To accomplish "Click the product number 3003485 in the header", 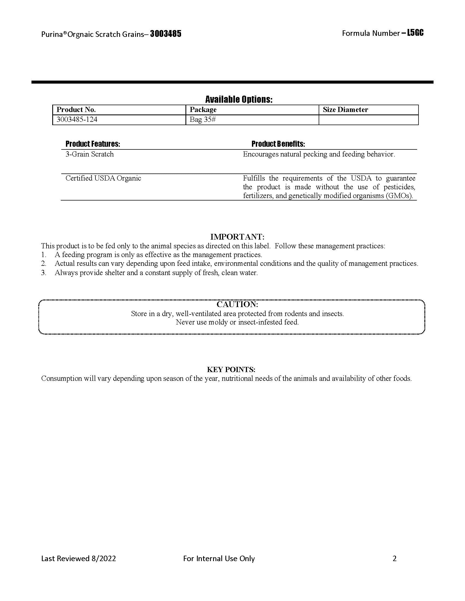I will tap(165, 34).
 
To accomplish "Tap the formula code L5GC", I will tap(415, 33).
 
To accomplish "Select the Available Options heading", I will tap(239, 99).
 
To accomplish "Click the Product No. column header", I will tap(76, 110).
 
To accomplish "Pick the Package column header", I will tap(203, 110).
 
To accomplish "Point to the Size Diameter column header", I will tap(345, 110).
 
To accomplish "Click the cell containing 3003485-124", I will tap(77, 119).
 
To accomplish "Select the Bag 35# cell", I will tap(202, 119).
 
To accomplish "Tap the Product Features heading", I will tap(92, 144).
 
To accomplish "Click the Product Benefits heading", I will tap(278, 144).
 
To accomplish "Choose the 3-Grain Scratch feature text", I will tap(89, 154).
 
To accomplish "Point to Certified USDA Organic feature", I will tap(103, 178).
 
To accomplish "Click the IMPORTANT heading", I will tap(237, 237).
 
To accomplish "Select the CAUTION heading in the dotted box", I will tap(237, 304).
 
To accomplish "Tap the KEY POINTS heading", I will tap(231, 369).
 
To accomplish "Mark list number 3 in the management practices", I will tap(43, 273).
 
